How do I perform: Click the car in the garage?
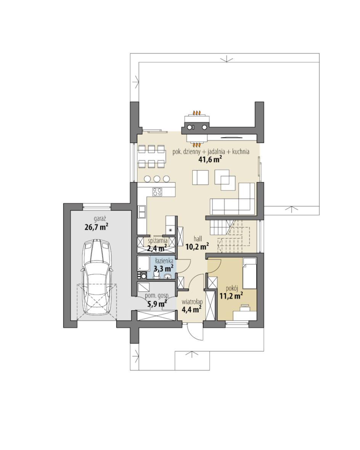[x=96, y=277]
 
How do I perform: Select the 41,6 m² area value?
[x=211, y=159]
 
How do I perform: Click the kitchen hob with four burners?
[x=157, y=192]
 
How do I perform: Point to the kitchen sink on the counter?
[x=142, y=212]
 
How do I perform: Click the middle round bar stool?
[x=157, y=179]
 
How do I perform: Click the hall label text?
[x=198, y=239]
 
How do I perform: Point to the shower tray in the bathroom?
[x=143, y=263]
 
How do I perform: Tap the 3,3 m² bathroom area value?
[x=164, y=269]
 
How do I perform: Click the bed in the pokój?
[x=249, y=273]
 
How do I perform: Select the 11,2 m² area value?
[x=231, y=295]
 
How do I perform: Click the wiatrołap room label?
[x=192, y=302]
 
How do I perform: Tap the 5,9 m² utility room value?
[x=157, y=304]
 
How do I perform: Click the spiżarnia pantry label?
[x=158, y=241]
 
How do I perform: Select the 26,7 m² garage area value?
[x=96, y=227]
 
